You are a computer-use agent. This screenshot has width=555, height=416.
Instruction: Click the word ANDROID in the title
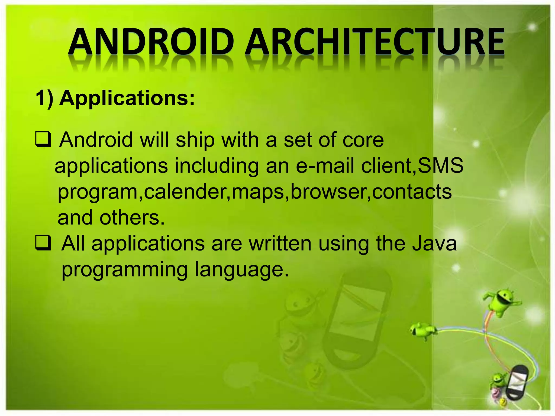151,42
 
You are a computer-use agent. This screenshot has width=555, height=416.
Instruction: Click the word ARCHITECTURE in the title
375,42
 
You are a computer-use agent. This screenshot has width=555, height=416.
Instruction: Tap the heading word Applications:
127,98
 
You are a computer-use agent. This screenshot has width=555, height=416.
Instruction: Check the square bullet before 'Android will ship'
43,139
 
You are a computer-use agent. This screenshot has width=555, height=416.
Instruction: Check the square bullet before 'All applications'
43,243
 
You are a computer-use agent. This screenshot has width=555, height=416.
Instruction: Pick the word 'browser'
328,192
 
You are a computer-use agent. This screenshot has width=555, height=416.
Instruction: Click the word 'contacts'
412,192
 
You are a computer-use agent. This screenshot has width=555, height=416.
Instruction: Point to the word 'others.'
132,217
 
